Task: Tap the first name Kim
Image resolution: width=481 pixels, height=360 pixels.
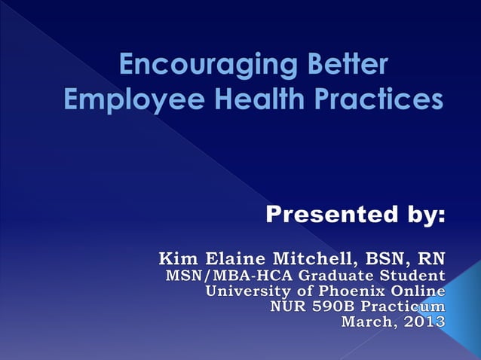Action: point(174,258)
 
